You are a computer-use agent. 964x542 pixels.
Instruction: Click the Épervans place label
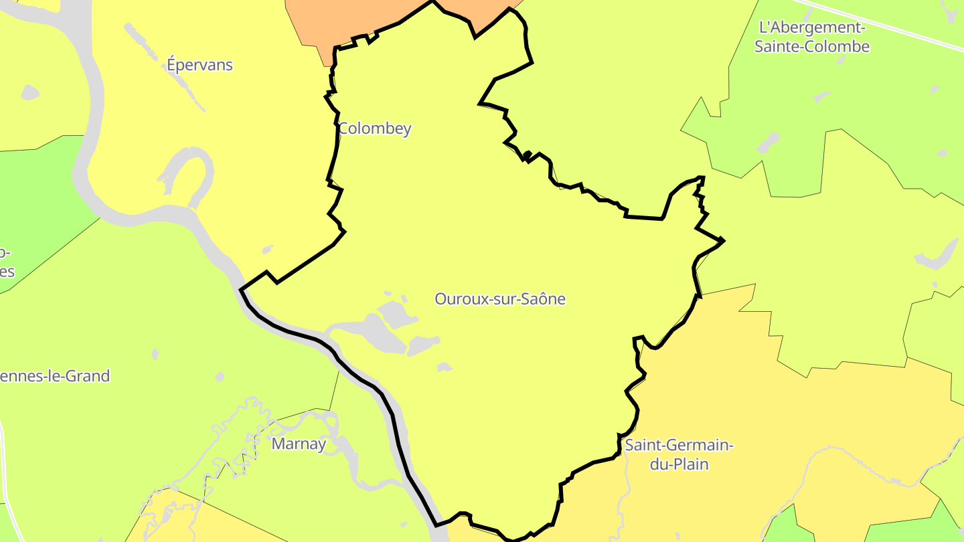coord(199,65)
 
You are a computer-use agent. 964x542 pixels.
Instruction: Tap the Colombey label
coord(375,128)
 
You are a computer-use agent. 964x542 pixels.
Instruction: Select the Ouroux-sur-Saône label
coord(500,299)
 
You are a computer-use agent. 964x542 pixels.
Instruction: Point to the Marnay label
coord(299,444)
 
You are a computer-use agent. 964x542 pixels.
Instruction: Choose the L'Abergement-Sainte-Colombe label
coord(811,37)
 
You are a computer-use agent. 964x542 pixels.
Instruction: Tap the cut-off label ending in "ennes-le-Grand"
coord(55,376)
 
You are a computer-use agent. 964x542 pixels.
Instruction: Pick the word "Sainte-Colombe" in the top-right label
coord(811,47)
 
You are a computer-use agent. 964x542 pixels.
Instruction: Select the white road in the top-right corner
coord(884,23)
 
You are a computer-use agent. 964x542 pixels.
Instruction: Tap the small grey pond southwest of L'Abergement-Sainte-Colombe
coord(768,142)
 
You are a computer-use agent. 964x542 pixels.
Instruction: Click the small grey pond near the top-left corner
coord(30,92)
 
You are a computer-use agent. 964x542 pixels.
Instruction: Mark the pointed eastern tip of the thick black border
coord(724,240)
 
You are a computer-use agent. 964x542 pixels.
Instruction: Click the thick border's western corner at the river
coord(241,289)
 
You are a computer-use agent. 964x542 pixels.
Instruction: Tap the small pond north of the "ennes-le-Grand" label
coord(155,353)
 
